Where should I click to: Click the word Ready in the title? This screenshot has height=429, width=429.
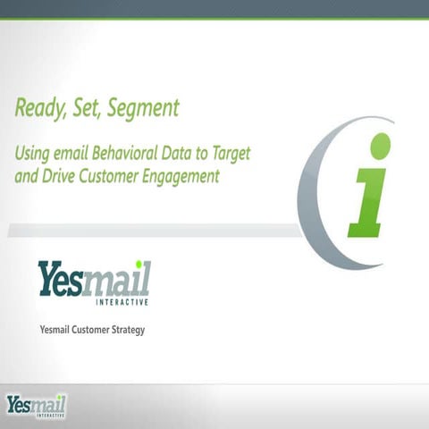point(38,109)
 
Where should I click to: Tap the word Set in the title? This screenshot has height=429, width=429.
point(84,109)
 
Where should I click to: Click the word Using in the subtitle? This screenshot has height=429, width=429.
point(32,154)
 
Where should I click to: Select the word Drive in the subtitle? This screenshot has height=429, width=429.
point(60,176)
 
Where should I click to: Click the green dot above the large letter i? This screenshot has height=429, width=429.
point(381,146)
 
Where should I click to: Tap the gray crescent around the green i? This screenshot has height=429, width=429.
point(313,192)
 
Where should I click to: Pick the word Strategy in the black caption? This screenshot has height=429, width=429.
point(124,330)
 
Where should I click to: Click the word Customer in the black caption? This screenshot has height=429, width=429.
point(87,330)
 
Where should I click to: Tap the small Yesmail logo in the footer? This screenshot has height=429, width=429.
point(36,405)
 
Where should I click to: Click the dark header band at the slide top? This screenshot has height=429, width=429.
point(214,8)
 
